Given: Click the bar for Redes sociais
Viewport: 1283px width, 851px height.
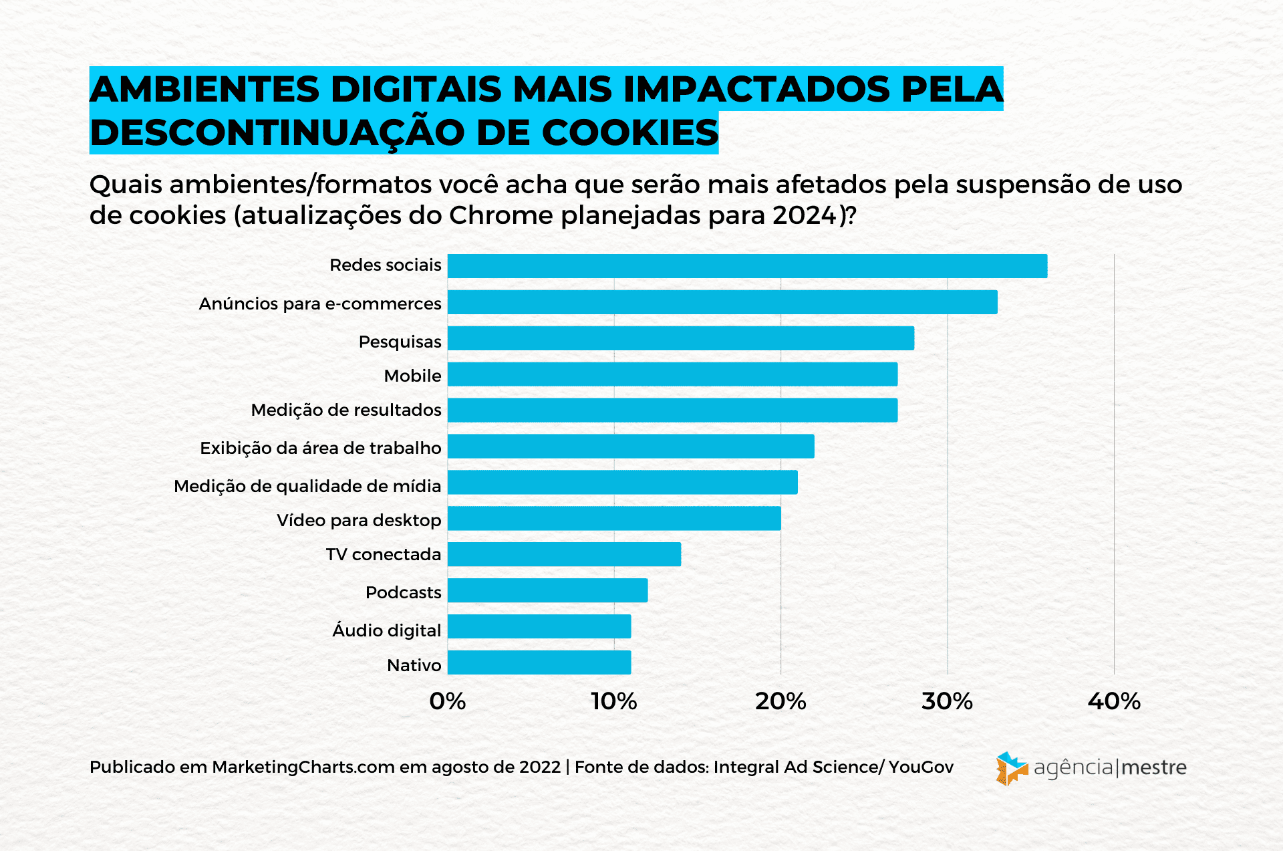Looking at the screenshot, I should pyautogui.click(x=747, y=266).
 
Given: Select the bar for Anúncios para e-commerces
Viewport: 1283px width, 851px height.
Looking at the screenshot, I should pyautogui.click(x=722, y=302).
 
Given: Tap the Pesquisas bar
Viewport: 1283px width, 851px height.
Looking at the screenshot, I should pyautogui.click(x=680, y=338).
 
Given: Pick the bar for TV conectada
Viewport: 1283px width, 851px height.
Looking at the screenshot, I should pyautogui.click(x=564, y=554).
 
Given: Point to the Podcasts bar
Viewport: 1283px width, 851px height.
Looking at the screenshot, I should pyautogui.click(x=547, y=590).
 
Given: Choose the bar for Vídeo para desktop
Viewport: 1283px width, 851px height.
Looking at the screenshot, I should pyautogui.click(x=614, y=518).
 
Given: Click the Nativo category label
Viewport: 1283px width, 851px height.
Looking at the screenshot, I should pyautogui.click(x=414, y=665).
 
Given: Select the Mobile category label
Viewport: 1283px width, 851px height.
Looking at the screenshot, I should pyautogui.click(x=412, y=376).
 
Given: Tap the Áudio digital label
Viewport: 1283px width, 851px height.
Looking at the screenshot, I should pyautogui.click(x=387, y=630).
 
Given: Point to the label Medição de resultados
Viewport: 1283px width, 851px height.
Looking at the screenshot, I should pyautogui.click(x=346, y=410).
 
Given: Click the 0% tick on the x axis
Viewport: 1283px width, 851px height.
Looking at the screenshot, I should pyautogui.click(x=447, y=701).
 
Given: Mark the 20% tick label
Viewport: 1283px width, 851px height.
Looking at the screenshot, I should pyautogui.click(x=780, y=701).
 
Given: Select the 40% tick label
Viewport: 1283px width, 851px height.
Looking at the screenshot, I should pyautogui.click(x=1114, y=701).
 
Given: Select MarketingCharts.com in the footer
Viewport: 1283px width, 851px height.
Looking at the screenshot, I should pyautogui.click(x=303, y=767).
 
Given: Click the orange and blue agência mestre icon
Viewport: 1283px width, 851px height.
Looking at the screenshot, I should pyautogui.click(x=1011, y=768).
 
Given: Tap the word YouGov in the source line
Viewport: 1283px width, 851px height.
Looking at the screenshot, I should pyautogui.click(x=921, y=767).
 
